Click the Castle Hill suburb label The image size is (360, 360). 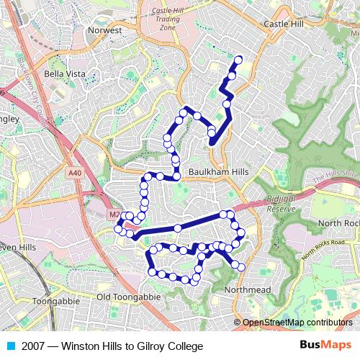click(284, 24)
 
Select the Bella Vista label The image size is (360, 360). click(65, 73)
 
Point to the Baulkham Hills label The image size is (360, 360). click(218, 173)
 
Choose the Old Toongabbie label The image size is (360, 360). click(125, 297)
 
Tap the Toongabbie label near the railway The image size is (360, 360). click(55, 301)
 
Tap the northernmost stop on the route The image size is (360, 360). click(238, 60)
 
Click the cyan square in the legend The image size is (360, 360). click(10, 346)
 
